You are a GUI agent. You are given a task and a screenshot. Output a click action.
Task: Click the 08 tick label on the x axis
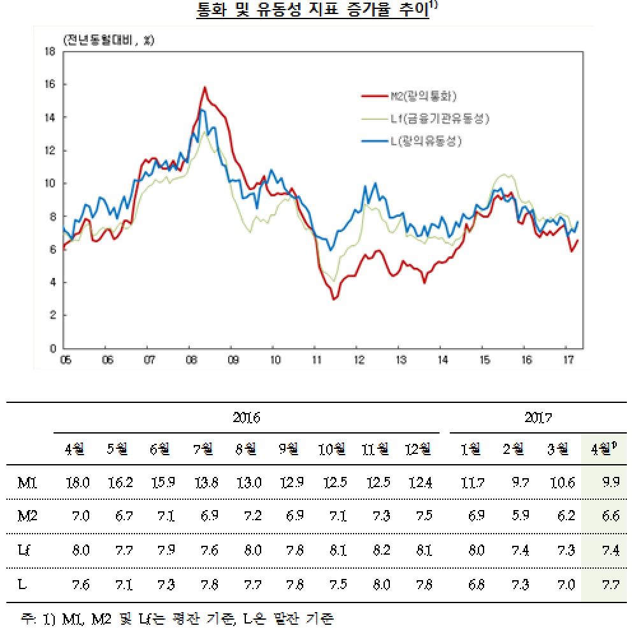point(190,359)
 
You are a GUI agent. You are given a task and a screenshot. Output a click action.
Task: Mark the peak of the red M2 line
point(205,87)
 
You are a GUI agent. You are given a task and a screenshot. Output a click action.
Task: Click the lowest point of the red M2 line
point(334,299)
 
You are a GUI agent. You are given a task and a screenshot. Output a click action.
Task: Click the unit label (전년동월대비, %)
point(108,40)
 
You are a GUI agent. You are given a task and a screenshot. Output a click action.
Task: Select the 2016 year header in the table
point(246,418)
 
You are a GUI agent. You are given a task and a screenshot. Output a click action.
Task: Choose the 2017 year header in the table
point(538,418)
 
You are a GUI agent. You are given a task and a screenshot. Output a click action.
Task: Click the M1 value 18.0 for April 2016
point(77,483)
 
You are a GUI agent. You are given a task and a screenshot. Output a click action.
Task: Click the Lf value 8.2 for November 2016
point(374,550)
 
